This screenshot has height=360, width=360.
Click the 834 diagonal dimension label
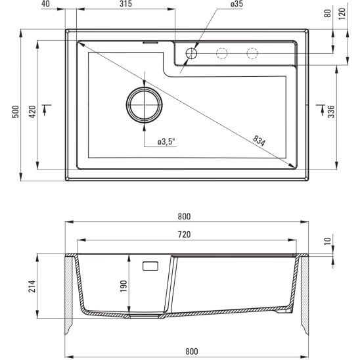click(x=260, y=140)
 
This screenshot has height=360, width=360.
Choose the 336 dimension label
click(x=331, y=112)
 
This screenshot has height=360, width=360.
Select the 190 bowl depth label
click(x=123, y=286)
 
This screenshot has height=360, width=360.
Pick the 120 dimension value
click(x=342, y=13)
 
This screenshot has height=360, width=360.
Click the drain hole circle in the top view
click(x=143, y=105)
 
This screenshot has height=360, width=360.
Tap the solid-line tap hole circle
click(x=192, y=53)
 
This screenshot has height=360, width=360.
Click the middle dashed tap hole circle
click(x=222, y=53)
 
